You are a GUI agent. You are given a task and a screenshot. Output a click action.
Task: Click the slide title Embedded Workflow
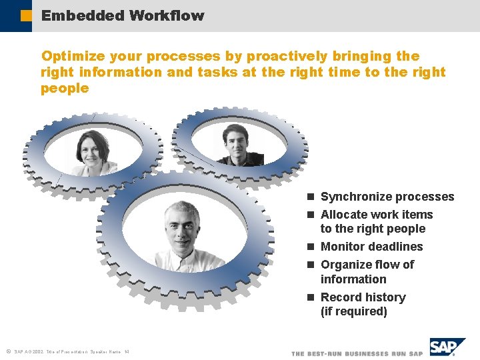coord(123,15)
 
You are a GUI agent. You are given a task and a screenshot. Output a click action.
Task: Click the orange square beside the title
coord(26,15)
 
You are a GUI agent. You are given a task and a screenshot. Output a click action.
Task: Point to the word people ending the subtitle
coord(65,88)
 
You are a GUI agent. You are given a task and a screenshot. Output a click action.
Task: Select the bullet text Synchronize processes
coord(387,197)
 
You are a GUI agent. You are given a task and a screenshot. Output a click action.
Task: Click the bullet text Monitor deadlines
coord(371,247)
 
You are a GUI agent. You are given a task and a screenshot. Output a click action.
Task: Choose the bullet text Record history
coord(363,297)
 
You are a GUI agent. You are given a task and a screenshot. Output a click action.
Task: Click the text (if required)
coord(353,311)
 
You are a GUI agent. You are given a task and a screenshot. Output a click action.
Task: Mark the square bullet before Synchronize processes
coord(311,197)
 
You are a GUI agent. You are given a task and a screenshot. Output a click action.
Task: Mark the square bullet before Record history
coord(311,298)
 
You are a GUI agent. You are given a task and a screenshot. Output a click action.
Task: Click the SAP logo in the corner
coord(447,347)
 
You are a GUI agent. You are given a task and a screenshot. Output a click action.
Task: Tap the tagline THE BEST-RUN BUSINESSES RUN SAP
coord(357,353)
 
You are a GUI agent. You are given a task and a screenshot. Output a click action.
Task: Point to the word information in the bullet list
coord(353,279)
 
